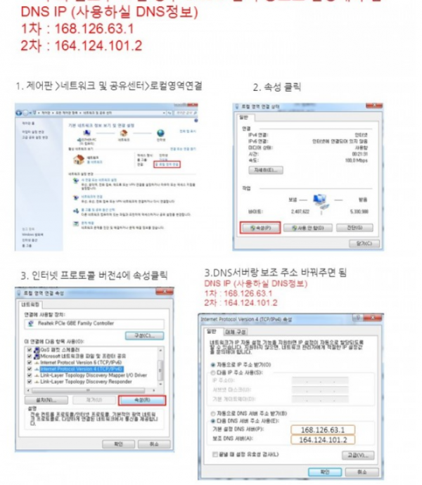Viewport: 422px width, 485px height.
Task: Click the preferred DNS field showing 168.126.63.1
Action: pyautogui.click(x=325, y=429)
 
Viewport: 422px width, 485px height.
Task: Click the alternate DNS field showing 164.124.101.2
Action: pyautogui.click(x=325, y=441)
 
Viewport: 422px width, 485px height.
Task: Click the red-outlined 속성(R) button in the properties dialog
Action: pyautogui.click(x=148, y=400)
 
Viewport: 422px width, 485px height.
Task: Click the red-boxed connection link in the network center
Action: pyautogui.click(x=167, y=164)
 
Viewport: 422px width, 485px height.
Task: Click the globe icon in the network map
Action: pyautogui.click(x=161, y=132)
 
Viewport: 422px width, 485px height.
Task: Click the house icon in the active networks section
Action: pyautogui.click(x=79, y=160)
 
